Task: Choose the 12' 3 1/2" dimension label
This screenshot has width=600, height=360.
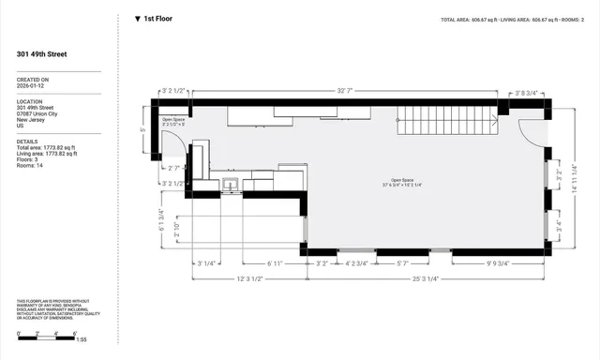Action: (x=248, y=278)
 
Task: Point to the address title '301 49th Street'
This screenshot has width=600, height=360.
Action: (x=41, y=54)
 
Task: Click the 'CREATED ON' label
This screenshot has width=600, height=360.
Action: (x=33, y=80)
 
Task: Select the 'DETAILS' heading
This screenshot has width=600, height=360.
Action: (x=26, y=141)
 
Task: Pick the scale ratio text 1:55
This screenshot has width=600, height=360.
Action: (x=81, y=338)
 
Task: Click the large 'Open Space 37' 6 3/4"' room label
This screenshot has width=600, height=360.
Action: (x=410, y=183)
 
